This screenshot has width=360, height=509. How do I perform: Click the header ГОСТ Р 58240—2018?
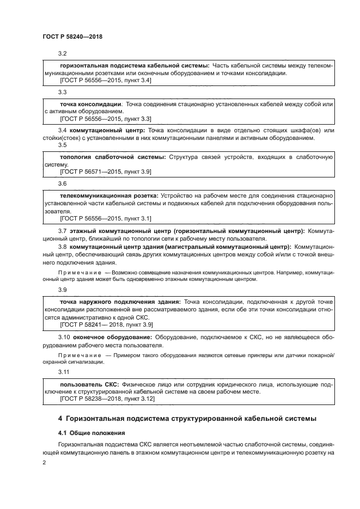(x=72, y=36)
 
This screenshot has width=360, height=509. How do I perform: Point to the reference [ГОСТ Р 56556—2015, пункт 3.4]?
(x=106, y=80)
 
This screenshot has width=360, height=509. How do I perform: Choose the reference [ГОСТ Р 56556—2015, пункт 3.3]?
(x=106, y=119)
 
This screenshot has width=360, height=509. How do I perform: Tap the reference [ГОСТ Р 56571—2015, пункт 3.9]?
(x=106, y=172)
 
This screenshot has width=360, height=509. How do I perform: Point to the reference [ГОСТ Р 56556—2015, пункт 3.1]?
(x=106, y=218)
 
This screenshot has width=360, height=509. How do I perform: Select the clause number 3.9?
(x=63, y=290)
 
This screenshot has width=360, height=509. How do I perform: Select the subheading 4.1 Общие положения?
(x=82, y=433)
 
